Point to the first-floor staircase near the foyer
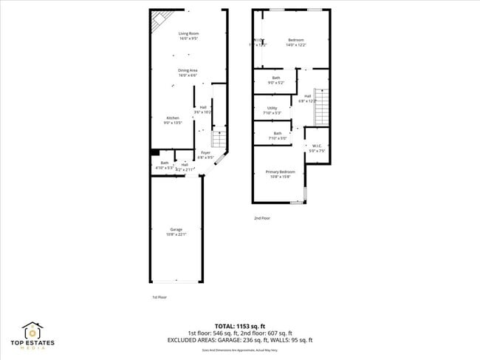click(218, 139)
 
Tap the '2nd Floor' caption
click(262, 218)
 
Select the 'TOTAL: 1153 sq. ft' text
click(239, 326)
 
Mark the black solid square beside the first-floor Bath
click(154, 153)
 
